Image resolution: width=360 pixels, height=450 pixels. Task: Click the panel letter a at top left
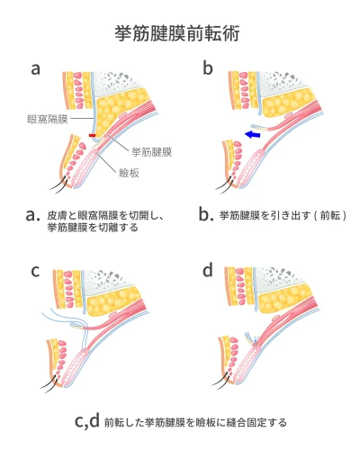35,68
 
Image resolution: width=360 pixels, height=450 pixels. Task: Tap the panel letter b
207,68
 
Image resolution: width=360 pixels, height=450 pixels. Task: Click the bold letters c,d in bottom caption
86,420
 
